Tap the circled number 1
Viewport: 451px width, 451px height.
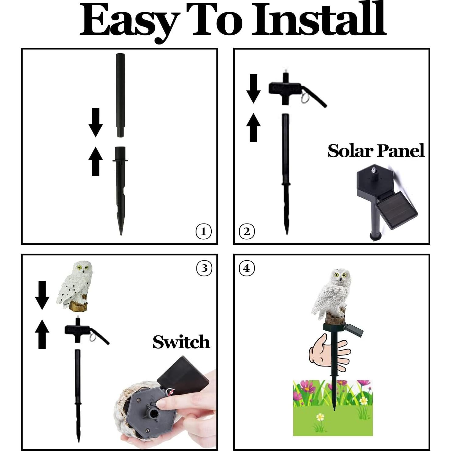[x=203, y=232]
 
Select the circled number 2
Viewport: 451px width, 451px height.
[x=247, y=232]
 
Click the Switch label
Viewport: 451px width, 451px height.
[x=181, y=342]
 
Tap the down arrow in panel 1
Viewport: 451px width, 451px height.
[x=95, y=122]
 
